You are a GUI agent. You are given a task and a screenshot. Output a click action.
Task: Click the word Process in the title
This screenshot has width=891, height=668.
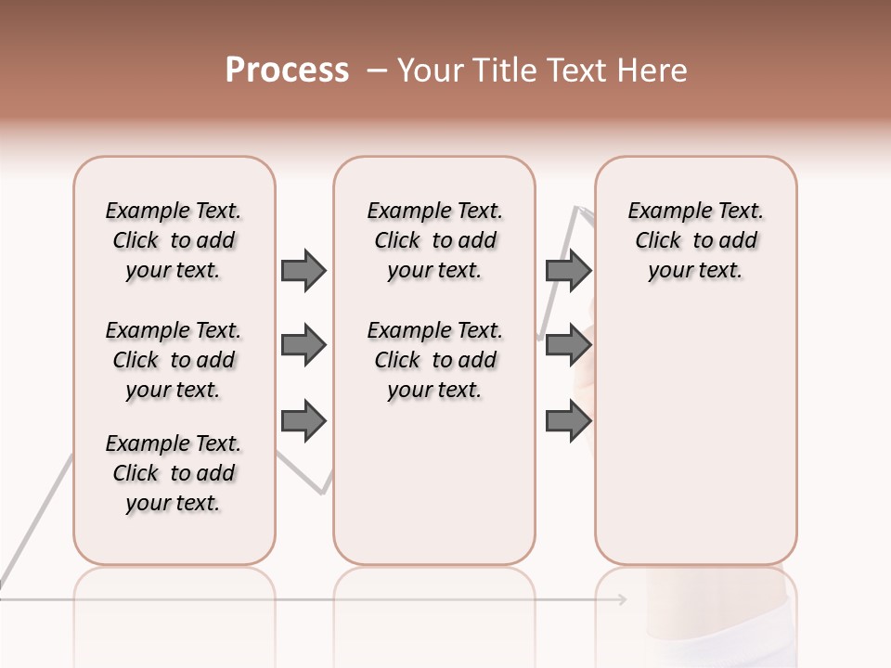[x=287, y=71]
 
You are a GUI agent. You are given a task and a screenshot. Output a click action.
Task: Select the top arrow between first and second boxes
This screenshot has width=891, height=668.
[x=303, y=270]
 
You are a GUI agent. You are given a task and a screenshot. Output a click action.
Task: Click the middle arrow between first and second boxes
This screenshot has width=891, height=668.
[x=303, y=346]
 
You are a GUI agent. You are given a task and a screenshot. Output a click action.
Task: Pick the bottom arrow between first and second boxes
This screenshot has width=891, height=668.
[x=303, y=421]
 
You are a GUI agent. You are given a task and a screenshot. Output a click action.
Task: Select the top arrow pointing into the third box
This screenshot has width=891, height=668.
[x=568, y=270]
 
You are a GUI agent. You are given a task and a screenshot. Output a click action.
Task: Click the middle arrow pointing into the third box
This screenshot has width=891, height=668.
[x=568, y=346]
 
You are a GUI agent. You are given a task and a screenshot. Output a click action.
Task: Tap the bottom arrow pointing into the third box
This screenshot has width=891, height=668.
[x=568, y=421]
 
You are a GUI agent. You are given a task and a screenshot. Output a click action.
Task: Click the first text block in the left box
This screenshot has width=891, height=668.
[x=174, y=240]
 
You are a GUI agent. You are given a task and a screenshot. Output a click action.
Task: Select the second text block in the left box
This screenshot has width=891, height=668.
[x=174, y=360]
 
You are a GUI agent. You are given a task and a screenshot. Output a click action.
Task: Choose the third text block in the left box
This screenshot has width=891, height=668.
[x=174, y=473]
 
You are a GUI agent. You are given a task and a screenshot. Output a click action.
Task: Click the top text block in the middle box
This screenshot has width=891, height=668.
[x=434, y=240]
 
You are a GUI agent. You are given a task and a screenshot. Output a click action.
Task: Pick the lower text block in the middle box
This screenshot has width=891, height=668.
[x=434, y=360]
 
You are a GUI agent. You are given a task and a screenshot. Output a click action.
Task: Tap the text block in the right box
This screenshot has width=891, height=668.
[x=695, y=240]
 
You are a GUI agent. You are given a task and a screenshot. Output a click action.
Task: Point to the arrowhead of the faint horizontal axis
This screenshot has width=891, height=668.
[x=622, y=599]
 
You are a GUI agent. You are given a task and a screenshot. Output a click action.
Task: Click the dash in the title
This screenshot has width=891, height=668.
[x=377, y=71]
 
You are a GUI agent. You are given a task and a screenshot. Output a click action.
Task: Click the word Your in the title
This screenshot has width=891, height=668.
[x=429, y=71]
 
